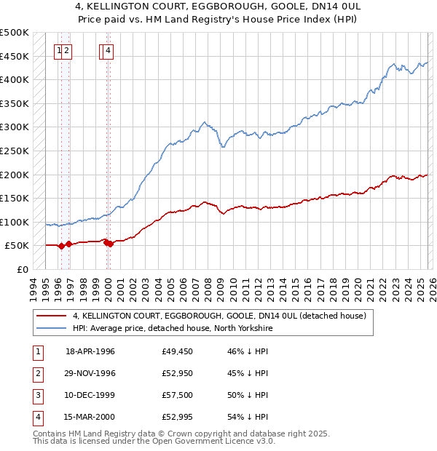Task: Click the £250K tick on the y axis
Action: [x=15, y=151]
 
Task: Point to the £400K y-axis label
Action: [x=15, y=79]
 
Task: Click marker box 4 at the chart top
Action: [x=108, y=50]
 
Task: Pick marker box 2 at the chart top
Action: [x=66, y=50]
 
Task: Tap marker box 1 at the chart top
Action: [x=59, y=50]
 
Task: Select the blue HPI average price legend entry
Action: [x=172, y=329]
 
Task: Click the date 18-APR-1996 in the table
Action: [x=90, y=351]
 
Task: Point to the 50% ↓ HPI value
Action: [x=248, y=395]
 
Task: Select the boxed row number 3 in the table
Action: [x=36, y=395]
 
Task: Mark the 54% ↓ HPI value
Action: [x=248, y=417]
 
